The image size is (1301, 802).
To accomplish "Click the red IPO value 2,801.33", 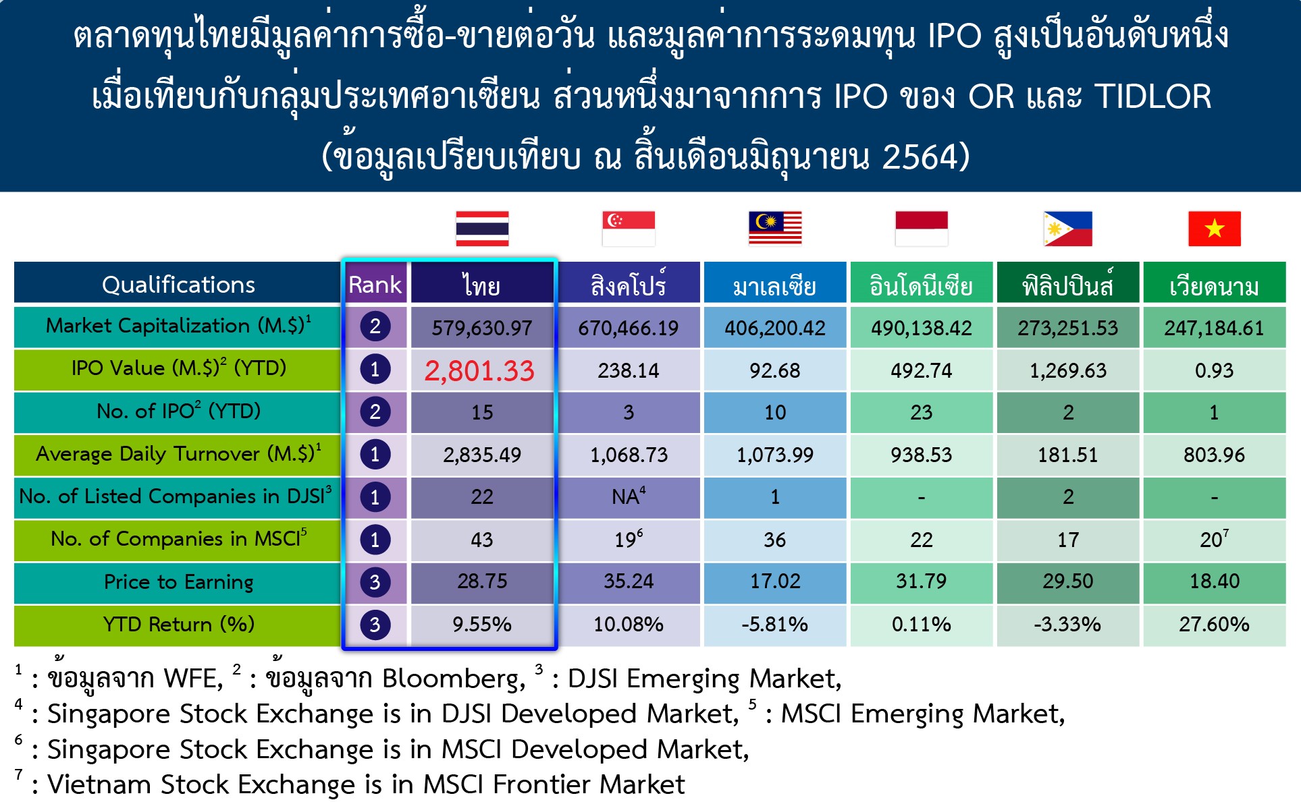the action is tap(479, 370).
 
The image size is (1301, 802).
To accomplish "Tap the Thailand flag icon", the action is tap(482, 229).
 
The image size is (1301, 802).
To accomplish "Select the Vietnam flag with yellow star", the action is tap(1215, 229).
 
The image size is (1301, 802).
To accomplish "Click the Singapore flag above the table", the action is tap(629, 229).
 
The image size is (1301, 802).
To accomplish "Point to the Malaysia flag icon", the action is tap(775, 229).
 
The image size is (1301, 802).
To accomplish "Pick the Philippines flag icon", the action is tap(1067, 229).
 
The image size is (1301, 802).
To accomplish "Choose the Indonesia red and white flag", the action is tap(922, 229).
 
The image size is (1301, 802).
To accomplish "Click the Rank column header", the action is tap(375, 284).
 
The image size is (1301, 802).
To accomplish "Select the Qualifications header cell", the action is tap(178, 283).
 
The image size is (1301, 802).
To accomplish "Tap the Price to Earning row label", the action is tap(178, 581).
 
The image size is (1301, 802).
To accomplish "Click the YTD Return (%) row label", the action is tap(178, 624).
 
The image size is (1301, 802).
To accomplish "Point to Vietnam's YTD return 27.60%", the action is tap(1214, 624).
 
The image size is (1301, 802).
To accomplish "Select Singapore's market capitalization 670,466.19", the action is tap(629, 328).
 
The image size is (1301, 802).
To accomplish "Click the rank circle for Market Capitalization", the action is tap(375, 326).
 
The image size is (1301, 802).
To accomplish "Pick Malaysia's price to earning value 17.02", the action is tap(775, 581).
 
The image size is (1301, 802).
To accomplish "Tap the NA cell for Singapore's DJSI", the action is tap(629, 496).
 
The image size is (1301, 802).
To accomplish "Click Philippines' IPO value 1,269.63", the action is tap(1067, 370).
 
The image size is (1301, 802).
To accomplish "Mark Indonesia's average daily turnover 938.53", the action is tap(922, 455).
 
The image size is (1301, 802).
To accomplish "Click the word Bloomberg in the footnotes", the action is tap(454, 679).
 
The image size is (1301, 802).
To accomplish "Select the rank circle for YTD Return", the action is tap(375, 625).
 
